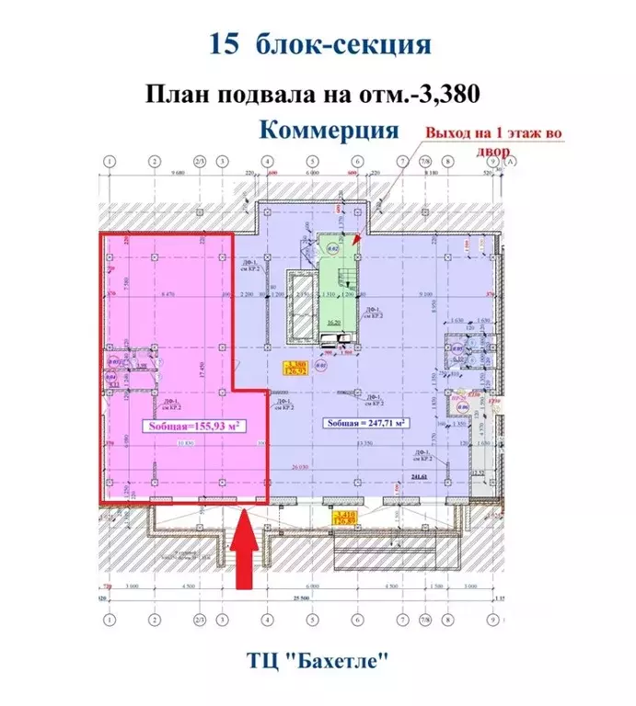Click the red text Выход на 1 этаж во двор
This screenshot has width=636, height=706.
[x=492, y=139]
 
